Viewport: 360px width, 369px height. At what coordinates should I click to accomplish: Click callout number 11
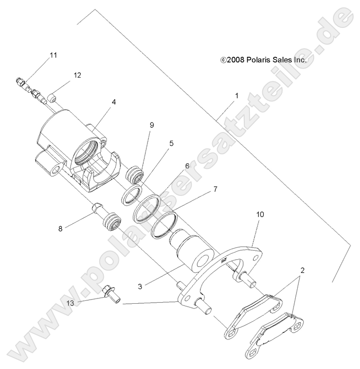[53, 55]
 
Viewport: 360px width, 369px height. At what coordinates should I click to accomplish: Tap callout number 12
[77, 75]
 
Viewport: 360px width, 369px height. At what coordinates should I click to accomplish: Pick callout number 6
[187, 166]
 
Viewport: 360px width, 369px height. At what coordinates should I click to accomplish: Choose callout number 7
[202, 190]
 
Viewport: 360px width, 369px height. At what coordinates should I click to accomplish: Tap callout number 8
[60, 228]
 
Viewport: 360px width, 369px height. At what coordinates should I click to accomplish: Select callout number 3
[140, 286]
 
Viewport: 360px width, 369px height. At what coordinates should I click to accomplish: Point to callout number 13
[70, 302]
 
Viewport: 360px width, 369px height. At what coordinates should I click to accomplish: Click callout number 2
[302, 271]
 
